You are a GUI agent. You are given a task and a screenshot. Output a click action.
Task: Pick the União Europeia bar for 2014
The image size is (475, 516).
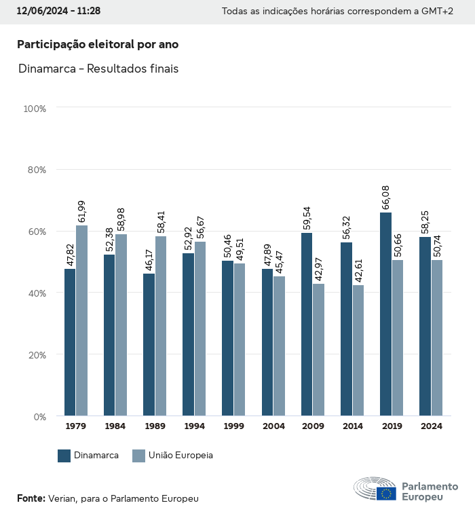point(358,350)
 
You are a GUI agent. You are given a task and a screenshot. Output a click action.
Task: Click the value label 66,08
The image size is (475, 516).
point(386,197)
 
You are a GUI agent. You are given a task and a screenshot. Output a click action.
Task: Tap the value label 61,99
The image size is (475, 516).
point(82,209)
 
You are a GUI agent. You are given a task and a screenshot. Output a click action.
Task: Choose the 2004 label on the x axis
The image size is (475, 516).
point(273,426)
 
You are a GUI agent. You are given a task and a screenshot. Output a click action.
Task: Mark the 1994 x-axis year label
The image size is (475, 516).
point(194,426)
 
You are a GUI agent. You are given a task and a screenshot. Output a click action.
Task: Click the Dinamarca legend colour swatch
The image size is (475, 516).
point(64,456)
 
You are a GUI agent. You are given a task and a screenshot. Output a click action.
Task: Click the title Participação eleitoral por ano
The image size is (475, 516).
point(98,44)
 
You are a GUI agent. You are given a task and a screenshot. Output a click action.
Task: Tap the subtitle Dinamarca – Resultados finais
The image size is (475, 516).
point(98,69)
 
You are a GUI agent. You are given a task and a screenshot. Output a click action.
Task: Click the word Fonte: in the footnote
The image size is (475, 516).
point(31,498)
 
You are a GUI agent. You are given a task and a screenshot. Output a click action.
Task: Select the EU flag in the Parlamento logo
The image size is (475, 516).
point(387,494)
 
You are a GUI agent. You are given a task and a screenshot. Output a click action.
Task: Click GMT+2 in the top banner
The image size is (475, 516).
point(438,12)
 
